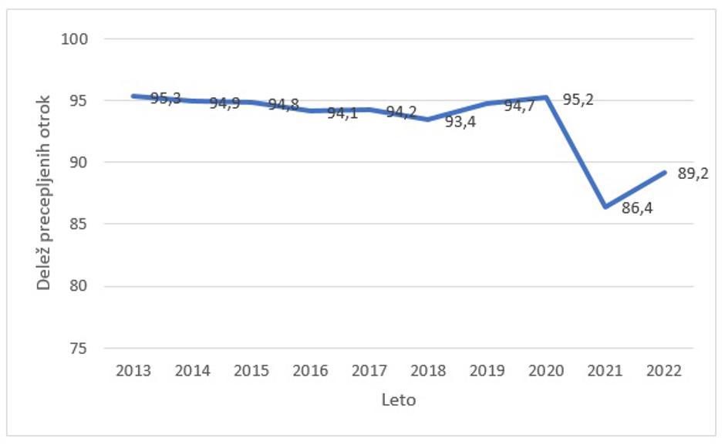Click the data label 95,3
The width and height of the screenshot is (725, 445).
click(x=165, y=98)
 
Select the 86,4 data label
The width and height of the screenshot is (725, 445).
click(x=637, y=207)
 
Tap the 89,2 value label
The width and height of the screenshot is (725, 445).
click(x=693, y=174)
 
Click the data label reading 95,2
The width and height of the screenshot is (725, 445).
click(x=578, y=99)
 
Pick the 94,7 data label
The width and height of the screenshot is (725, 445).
click(x=519, y=106)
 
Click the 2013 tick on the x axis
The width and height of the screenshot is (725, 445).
click(x=133, y=371)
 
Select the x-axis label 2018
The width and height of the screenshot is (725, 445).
click(x=429, y=371)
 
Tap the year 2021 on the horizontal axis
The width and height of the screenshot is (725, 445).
click(x=605, y=371)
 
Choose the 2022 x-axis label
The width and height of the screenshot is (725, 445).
click(x=665, y=371)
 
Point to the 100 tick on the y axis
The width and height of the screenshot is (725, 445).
click(x=79, y=39)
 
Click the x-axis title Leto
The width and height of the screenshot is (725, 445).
click(x=399, y=400)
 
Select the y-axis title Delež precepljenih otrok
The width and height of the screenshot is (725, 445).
click(x=45, y=193)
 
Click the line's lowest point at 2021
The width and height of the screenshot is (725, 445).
click(x=605, y=207)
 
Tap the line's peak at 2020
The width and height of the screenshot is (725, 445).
click(x=547, y=97)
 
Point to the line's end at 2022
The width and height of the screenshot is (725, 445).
click(x=665, y=172)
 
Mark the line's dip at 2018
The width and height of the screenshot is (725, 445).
click(x=429, y=120)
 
